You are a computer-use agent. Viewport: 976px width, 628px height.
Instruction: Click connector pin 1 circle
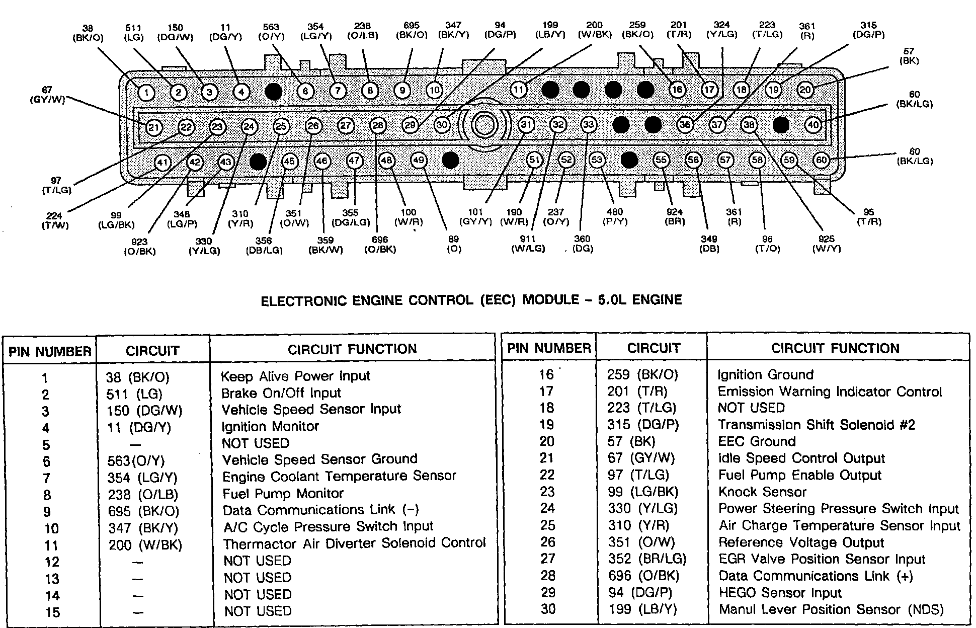click(x=146, y=92)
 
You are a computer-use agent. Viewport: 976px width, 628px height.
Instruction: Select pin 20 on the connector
click(x=805, y=90)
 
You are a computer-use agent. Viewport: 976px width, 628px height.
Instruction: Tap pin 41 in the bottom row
click(x=162, y=163)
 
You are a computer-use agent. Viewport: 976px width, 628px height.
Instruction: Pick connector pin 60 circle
click(x=821, y=160)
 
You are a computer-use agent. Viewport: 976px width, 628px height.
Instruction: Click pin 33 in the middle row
click(x=588, y=124)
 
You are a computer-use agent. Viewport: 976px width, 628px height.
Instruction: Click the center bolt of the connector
click(x=483, y=125)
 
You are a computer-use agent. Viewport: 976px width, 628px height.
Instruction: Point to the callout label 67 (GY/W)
click(x=47, y=95)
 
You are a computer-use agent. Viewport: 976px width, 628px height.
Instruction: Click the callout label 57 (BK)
click(x=909, y=56)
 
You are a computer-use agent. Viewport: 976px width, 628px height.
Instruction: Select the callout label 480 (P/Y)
click(x=614, y=217)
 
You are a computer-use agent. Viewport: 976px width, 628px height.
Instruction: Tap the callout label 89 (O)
click(x=454, y=244)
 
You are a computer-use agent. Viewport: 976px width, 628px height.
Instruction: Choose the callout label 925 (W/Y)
click(x=826, y=244)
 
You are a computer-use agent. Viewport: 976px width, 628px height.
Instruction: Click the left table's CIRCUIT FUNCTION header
click(x=352, y=349)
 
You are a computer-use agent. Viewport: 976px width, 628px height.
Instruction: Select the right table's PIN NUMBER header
click(x=549, y=348)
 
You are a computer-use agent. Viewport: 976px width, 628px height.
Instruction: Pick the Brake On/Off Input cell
click(x=281, y=393)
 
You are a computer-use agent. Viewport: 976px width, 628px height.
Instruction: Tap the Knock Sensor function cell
click(x=762, y=492)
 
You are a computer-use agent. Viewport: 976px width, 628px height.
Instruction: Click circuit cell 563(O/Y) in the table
click(x=136, y=461)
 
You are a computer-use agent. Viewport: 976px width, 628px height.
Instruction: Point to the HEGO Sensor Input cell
click(x=780, y=593)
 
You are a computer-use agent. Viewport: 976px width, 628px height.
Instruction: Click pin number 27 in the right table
click(x=547, y=559)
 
